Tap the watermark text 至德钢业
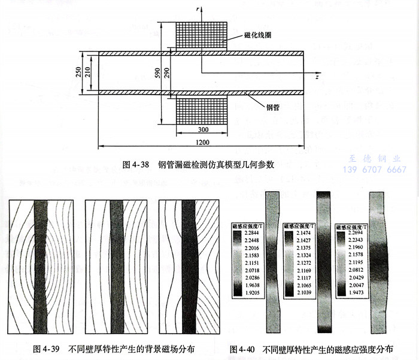click(374, 159)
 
